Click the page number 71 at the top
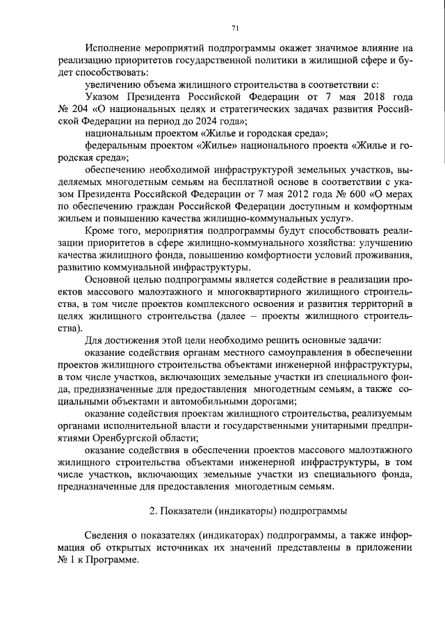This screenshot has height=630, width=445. click(x=234, y=28)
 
